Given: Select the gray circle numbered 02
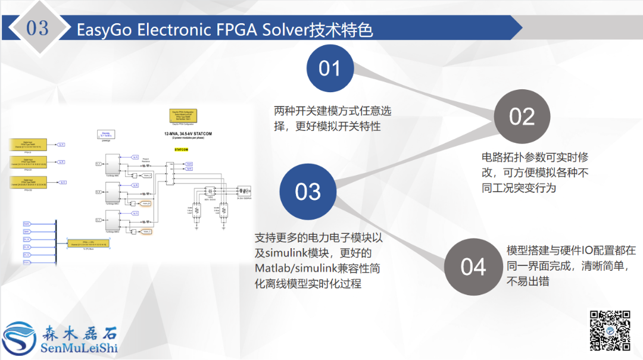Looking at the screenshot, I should [522, 117].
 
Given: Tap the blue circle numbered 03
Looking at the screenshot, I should [308, 192].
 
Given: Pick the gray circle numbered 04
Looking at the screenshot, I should [473, 267].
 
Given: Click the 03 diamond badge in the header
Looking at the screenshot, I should [38, 28].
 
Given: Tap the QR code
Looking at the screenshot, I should [610, 330].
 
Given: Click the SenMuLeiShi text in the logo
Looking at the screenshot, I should [79, 348].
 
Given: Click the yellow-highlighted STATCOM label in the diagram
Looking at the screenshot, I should [181, 149].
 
